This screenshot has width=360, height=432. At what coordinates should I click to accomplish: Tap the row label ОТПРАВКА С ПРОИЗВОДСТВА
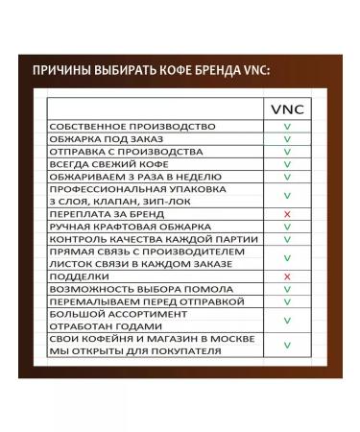tap(111, 152)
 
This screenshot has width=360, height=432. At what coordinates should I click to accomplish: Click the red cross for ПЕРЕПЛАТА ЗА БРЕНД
tap(287, 214)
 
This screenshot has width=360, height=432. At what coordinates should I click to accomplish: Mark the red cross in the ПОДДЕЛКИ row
tap(287, 276)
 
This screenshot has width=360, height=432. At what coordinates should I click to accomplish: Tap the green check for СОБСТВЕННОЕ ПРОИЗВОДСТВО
tap(287, 127)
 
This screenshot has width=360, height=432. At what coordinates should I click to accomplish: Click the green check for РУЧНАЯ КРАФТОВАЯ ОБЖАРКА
tap(287, 227)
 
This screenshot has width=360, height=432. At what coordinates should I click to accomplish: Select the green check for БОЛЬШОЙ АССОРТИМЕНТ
tap(287, 320)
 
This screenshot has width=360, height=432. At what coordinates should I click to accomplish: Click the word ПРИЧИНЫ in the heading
tap(61, 71)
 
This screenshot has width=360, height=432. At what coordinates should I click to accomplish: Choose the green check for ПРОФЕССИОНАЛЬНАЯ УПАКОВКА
tap(287, 195)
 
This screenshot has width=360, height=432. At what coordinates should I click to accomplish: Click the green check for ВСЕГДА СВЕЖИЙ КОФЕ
tap(287, 164)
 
